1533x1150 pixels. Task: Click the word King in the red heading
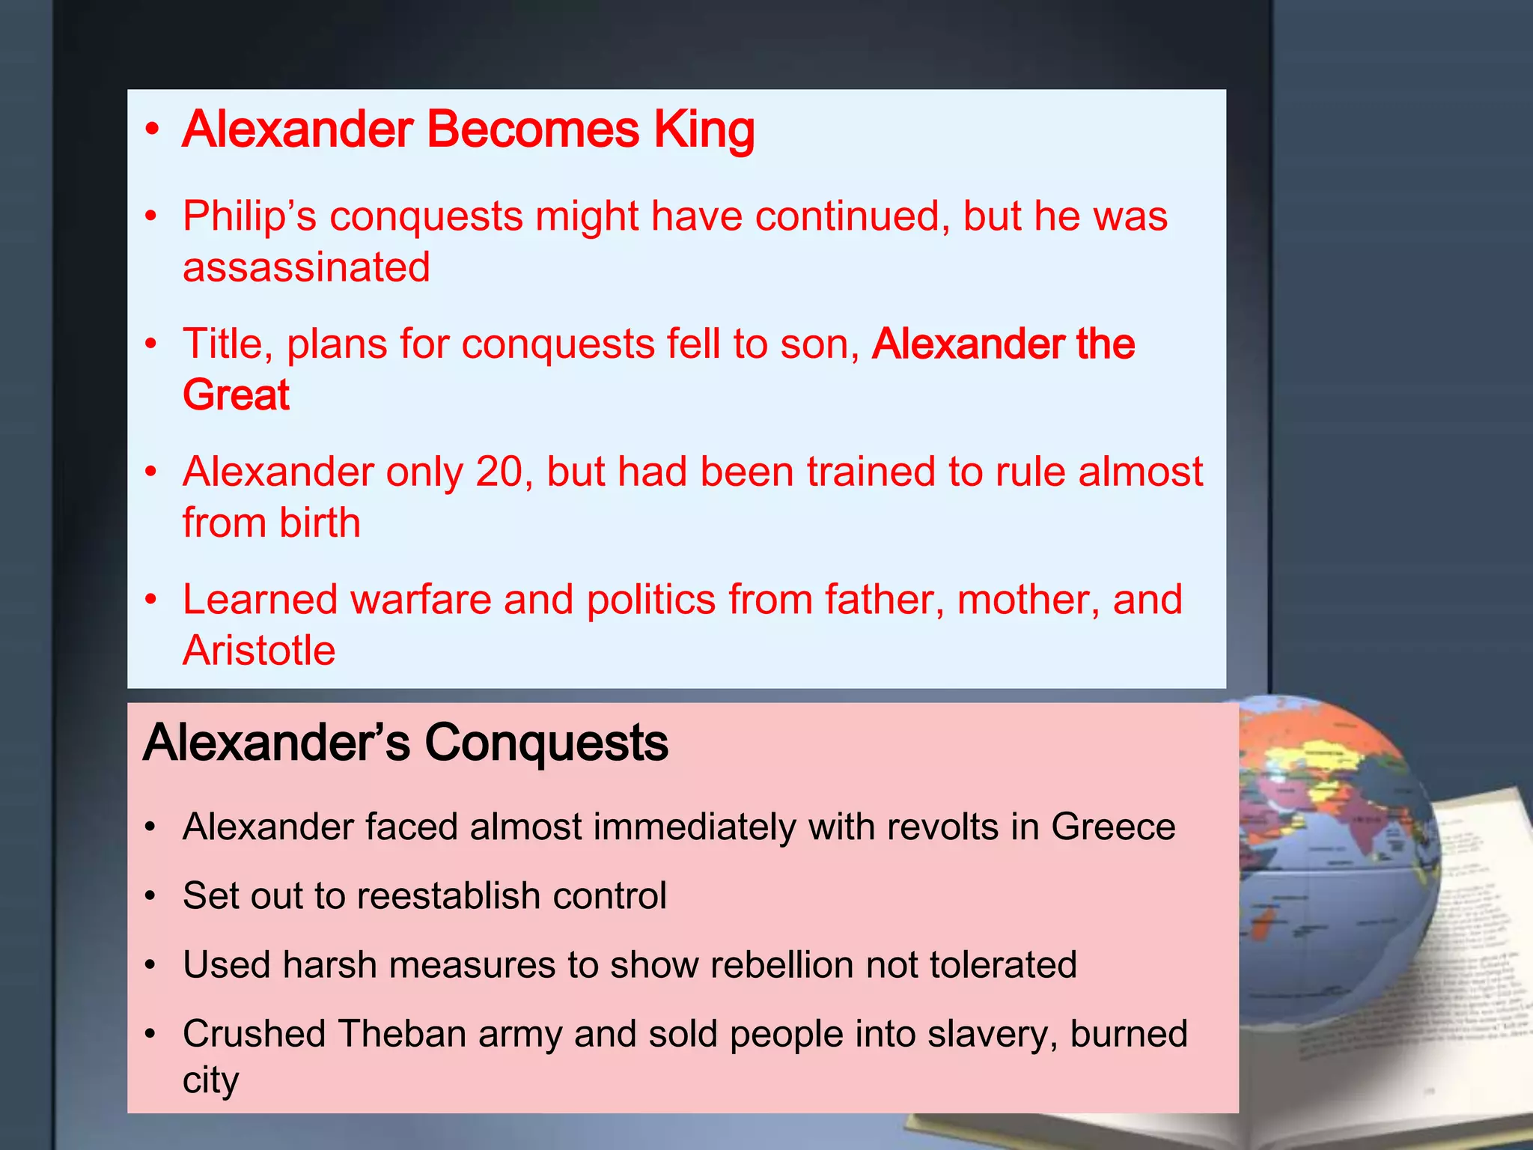[704, 130]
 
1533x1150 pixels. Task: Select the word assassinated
[306, 267]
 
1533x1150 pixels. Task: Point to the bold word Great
[236, 395]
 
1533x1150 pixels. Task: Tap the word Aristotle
[259, 650]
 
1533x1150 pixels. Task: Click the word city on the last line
[210, 1080]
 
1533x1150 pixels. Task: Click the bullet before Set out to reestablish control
[151, 895]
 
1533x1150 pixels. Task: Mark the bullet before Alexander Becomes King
[153, 130]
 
